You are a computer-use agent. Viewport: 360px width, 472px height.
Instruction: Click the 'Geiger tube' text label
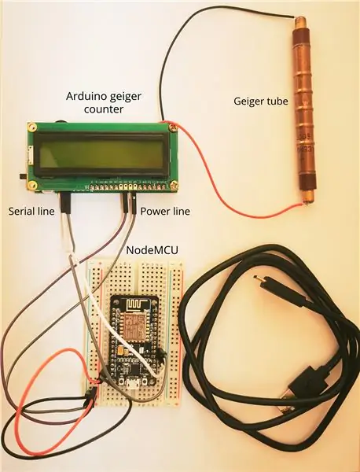(260, 101)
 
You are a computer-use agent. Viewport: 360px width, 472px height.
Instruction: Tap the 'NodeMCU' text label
(152, 250)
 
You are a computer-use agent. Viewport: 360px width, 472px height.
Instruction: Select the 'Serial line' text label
(31, 211)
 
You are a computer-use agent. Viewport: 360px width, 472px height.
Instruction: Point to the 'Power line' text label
(165, 211)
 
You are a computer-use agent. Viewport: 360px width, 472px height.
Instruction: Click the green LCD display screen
(99, 155)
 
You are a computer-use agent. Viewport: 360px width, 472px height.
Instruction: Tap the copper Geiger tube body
(303, 111)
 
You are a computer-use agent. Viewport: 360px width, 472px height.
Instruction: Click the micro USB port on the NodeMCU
(131, 383)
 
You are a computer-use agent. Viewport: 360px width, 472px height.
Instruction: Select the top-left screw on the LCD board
(31, 127)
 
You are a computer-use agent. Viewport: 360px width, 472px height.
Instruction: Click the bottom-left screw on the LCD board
(31, 185)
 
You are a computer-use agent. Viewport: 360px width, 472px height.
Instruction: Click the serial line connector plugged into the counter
(65, 203)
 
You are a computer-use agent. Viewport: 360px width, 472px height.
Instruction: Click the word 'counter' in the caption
(104, 109)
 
